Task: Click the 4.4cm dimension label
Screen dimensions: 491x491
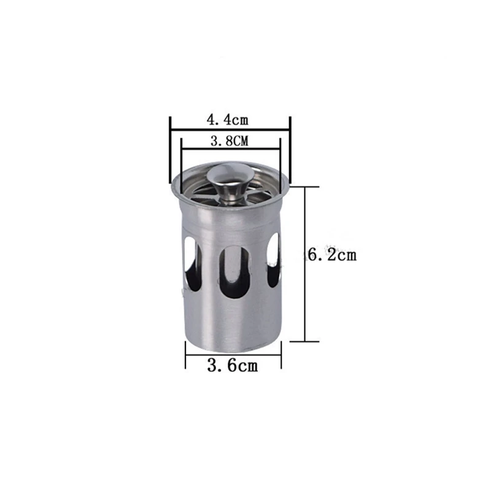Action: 227,120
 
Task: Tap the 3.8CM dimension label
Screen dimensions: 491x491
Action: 229,141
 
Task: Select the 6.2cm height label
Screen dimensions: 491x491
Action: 332,255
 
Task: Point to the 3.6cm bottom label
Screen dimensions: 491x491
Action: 233,365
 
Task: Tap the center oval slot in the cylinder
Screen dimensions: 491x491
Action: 236,271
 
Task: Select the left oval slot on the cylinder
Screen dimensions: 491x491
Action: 192,264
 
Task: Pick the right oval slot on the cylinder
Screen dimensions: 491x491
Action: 274,260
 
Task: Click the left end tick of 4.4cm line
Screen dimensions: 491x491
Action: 170,150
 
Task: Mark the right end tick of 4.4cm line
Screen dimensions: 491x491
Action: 290,150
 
